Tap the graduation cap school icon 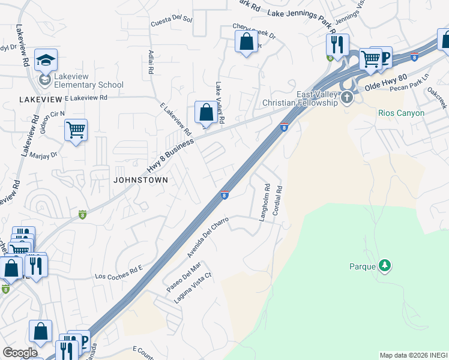point(46,60)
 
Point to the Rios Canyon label point(401,113)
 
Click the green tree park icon point(384,266)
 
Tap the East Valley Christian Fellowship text point(300,99)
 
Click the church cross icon point(348,98)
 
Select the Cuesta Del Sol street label point(172,20)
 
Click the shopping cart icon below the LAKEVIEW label point(76,130)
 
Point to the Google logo point(20,353)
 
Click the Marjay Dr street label point(40,155)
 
